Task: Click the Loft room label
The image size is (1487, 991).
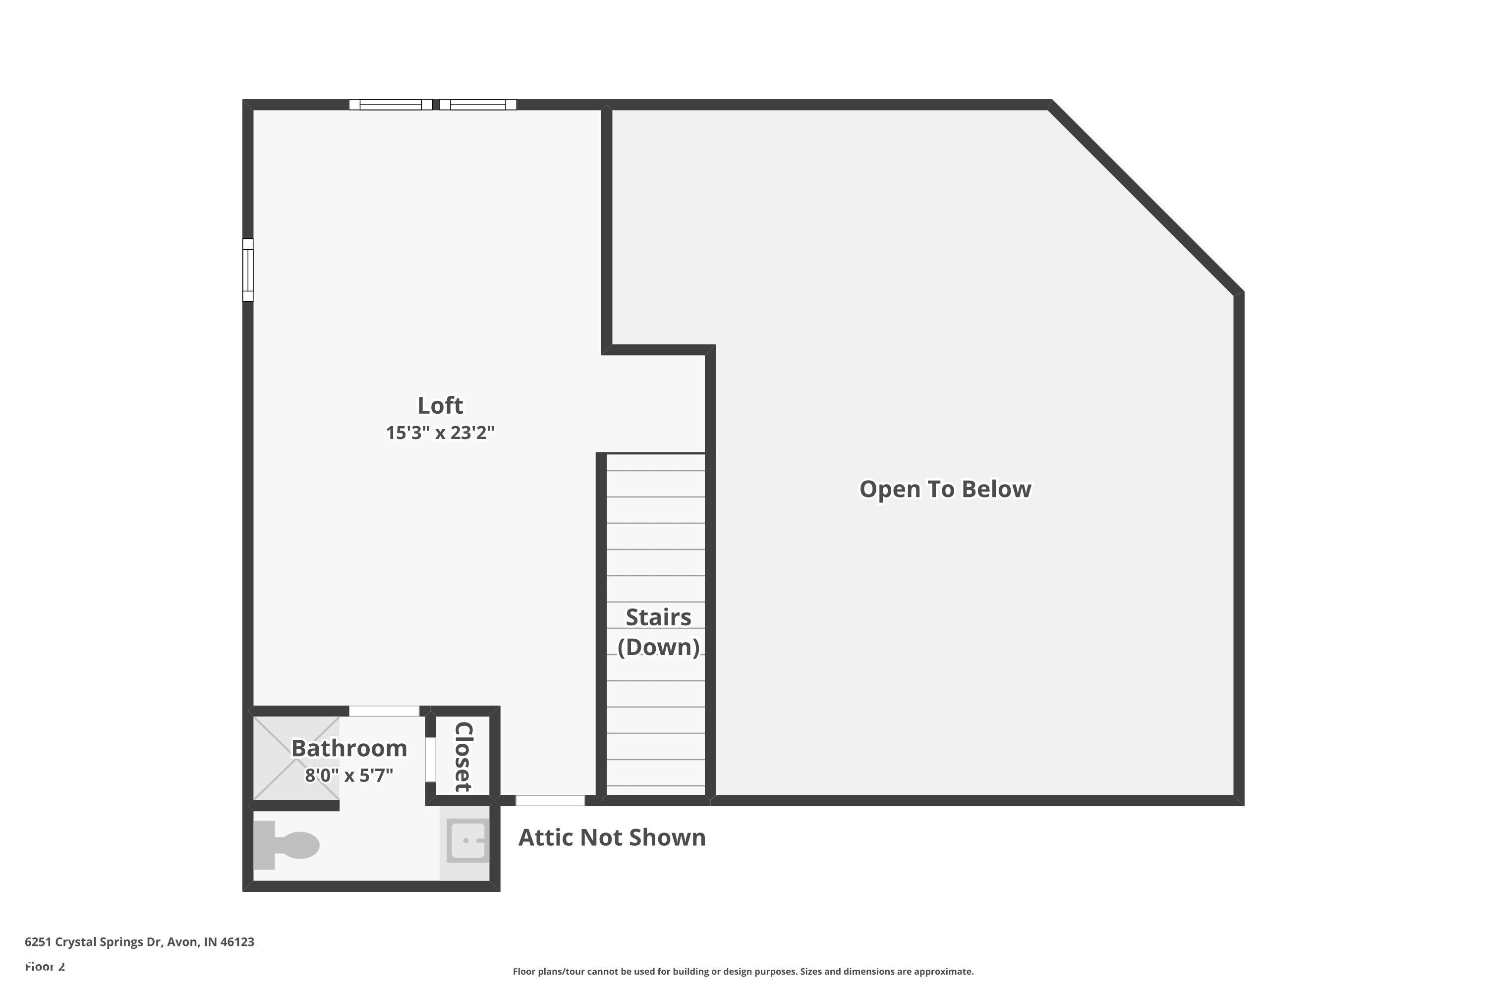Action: (440, 405)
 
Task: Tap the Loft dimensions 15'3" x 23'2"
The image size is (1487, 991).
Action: (440, 433)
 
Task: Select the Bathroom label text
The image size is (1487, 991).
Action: (349, 748)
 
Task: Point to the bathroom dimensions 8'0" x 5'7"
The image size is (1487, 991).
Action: (349, 775)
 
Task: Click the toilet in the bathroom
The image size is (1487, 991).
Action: (287, 845)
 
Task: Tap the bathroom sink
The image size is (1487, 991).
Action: (467, 840)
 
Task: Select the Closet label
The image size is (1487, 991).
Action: (463, 757)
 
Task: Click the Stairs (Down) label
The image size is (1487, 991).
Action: (658, 632)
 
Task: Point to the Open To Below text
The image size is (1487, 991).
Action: (945, 489)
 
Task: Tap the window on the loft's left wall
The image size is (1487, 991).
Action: (248, 270)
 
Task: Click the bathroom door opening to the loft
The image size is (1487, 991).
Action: (384, 711)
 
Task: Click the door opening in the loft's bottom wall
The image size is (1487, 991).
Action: (550, 801)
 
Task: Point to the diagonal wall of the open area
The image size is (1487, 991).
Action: (1145, 198)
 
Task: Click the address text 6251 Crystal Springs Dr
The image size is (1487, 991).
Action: (139, 942)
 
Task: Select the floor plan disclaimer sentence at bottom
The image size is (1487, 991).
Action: (743, 971)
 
